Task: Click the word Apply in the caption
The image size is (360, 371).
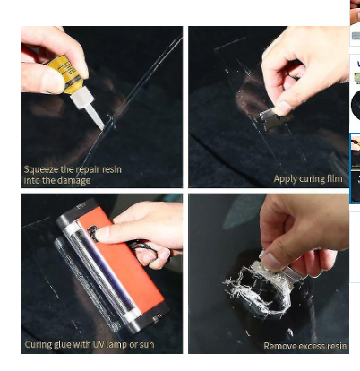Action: (281, 179)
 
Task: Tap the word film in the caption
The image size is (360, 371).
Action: (334, 178)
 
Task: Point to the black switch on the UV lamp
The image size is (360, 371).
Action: (92, 233)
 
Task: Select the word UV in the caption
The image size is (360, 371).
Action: (99, 344)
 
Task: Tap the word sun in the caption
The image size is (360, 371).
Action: (147, 345)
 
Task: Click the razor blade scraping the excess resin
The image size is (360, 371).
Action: (274, 268)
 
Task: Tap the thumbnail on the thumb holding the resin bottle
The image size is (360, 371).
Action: (53, 82)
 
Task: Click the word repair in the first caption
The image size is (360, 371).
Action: (85, 170)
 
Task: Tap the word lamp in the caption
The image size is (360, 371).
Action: (118, 345)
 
